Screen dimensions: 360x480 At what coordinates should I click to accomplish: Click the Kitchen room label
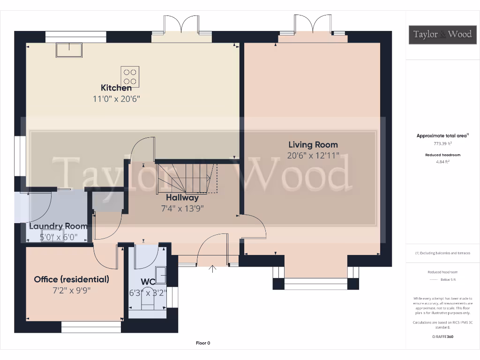pyautogui.click(x=116, y=88)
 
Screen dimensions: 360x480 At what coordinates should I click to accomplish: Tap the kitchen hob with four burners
pyautogui.click(x=130, y=77)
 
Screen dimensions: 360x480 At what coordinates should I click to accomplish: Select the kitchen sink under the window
pyautogui.click(x=69, y=50)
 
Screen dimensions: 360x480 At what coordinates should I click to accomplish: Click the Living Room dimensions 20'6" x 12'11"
pyautogui.click(x=313, y=156)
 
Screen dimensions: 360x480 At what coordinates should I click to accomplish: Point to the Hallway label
pyautogui.click(x=182, y=197)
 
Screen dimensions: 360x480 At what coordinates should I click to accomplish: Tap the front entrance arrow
pyautogui.click(x=212, y=269)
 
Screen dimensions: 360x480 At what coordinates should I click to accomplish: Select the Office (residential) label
pyautogui.click(x=71, y=279)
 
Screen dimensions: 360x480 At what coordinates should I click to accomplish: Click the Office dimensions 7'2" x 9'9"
pyautogui.click(x=71, y=290)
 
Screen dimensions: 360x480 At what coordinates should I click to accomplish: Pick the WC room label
pyautogui.click(x=148, y=282)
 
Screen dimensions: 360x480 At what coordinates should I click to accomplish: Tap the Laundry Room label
pyautogui.click(x=58, y=226)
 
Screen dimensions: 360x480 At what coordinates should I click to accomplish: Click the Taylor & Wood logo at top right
pyautogui.click(x=442, y=34)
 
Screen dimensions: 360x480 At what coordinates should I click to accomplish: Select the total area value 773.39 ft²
pyautogui.click(x=442, y=143)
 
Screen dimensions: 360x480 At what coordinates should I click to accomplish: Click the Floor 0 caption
pyautogui.click(x=203, y=343)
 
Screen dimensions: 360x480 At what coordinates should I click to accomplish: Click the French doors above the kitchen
pyautogui.click(x=181, y=26)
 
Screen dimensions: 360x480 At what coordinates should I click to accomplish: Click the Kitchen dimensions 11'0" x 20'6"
pyautogui.click(x=116, y=99)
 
